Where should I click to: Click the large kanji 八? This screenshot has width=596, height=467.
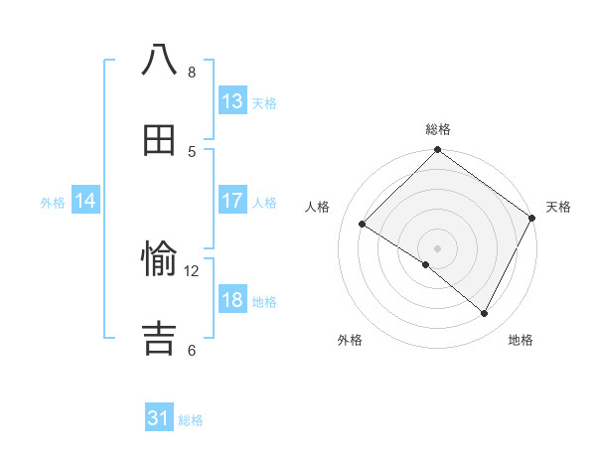[x=159, y=60]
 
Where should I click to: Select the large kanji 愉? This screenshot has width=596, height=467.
[x=159, y=260]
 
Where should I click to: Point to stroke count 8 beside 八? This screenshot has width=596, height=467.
[x=192, y=72]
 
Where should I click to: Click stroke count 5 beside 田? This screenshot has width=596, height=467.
[x=192, y=151]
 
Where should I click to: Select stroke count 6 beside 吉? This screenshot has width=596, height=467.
[x=192, y=350]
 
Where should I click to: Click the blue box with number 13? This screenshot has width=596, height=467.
[x=231, y=101]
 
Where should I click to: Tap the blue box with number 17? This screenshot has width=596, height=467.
[x=231, y=201]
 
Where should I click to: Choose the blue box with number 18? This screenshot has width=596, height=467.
[x=231, y=300]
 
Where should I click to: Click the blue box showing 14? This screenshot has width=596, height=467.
[x=85, y=201]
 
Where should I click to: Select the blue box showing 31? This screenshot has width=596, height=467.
[x=159, y=418]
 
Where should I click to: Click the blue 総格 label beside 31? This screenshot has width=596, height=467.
[x=191, y=420]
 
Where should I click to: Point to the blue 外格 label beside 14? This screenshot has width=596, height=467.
[x=53, y=203]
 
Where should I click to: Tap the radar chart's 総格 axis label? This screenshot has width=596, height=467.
[x=438, y=129]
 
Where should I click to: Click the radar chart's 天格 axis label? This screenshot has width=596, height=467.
[x=558, y=207]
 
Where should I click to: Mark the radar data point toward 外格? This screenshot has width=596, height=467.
[x=426, y=264]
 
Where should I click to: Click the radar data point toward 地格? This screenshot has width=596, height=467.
[x=485, y=314]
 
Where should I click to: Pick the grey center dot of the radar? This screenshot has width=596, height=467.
[x=438, y=247]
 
